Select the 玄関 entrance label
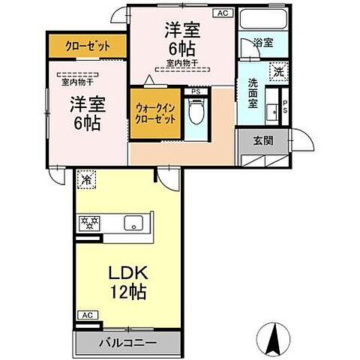(262, 140)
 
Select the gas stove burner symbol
(91, 223)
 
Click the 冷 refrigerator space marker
(86, 180)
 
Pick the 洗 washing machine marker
(278, 72)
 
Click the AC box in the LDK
(86, 316)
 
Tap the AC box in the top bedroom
(223, 13)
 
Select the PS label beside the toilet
(196, 92)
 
